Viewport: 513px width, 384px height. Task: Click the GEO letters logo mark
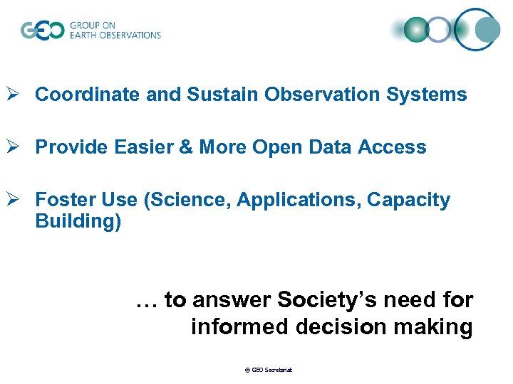tap(42, 30)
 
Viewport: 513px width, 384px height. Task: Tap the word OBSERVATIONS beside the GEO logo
tap(131, 35)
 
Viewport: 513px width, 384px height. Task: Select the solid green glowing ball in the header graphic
tap(417, 29)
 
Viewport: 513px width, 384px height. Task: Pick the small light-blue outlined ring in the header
tap(440, 29)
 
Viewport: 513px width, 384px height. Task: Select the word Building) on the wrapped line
tap(78, 221)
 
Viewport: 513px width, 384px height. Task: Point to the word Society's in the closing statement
tap(329, 300)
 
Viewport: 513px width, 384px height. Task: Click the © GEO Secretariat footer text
tap(269, 370)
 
